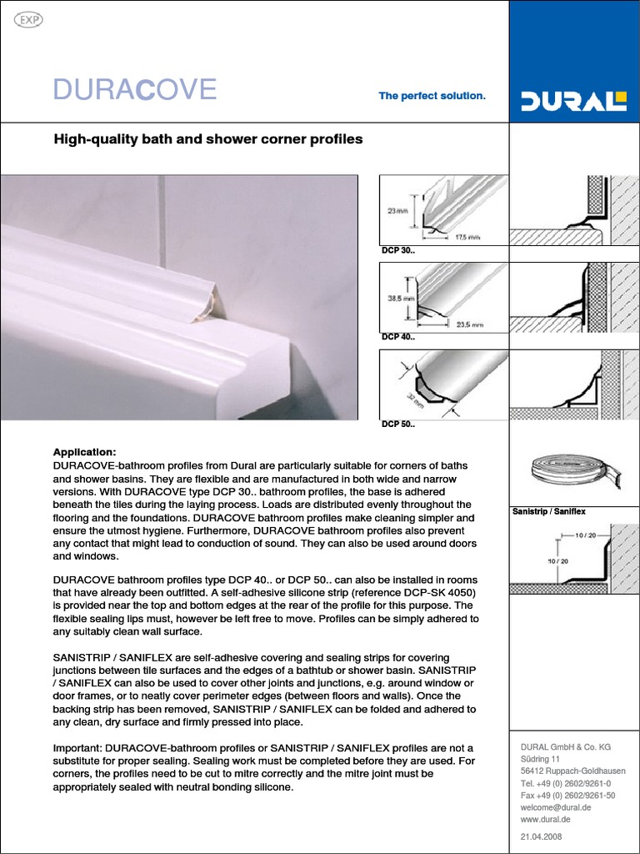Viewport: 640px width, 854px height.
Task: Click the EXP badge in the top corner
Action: pyautogui.click(x=30, y=20)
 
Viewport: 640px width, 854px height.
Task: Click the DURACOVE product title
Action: pyautogui.click(x=135, y=89)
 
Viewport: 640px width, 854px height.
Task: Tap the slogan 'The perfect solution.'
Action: pyautogui.click(x=432, y=96)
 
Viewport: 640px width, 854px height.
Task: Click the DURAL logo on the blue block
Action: pyautogui.click(x=573, y=102)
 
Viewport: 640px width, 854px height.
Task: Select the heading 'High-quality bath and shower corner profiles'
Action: pyautogui.click(x=208, y=139)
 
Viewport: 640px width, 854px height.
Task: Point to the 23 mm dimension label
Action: pyautogui.click(x=397, y=211)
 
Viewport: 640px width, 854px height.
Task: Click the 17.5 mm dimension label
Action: pyautogui.click(x=468, y=237)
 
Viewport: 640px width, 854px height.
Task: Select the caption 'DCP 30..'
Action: pyautogui.click(x=397, y=250)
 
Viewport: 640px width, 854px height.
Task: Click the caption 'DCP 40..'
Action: pyautogui.click(x=397, y=337)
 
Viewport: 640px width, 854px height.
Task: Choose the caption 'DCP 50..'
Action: pyautogui.click(x=397, y=424)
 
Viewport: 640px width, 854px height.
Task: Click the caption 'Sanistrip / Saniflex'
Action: pyautogui.click(x=548, y=510)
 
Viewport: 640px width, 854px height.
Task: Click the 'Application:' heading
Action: pyautogui.click(x=84, y=451)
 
